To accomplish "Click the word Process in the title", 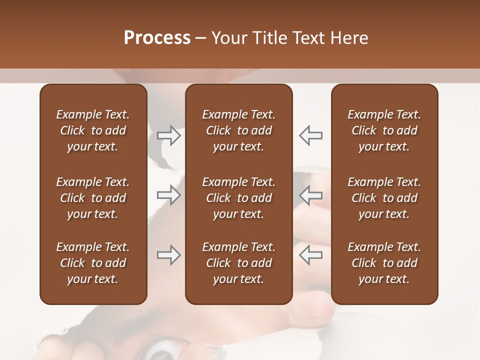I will pyautogui.click(x=157, y=38).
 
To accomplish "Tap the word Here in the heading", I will pyautogui.click(x=349, y=38).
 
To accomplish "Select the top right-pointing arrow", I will pyautogui.click(x=169, y=135).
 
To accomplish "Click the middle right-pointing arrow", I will pyautogui.click(x=169, y=195).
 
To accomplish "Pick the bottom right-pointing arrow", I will pyautogui.click(x=169, y=255).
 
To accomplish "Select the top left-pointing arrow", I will pyautogui.click(x=310, y=135).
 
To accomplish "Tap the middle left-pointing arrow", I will pyautogui.click(x=310, y=195).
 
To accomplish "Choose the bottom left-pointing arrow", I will pyautogui.click(x=310, y=255).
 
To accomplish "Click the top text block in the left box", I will pyautogui.click(x=93, y=130).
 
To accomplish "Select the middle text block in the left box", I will pyautogui.click(x=93, y=198).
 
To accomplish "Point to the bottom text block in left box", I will pyautogui.click(x=93, y=263).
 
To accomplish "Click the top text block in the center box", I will pyautogui.click(x=238, y=130).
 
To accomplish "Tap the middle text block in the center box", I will pyautogui.click(x=238, y=198).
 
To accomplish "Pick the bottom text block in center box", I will pyautogui.click(x=238, y=263).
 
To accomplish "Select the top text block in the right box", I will pyautogui.click(x=384, y=130).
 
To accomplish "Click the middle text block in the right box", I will pyautogui.click(x=384, y=198).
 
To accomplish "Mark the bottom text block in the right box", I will pyautogui.click(x=384, y=263).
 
